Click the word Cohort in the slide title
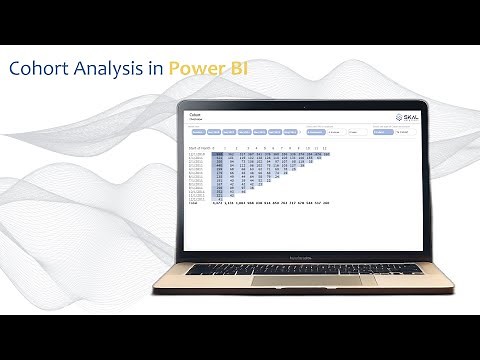38,69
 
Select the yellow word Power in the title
194,69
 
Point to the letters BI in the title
236,69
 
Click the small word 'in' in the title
153,69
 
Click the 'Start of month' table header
202,147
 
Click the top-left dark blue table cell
221,154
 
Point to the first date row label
198,154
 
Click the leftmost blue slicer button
198,132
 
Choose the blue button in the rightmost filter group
383,131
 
